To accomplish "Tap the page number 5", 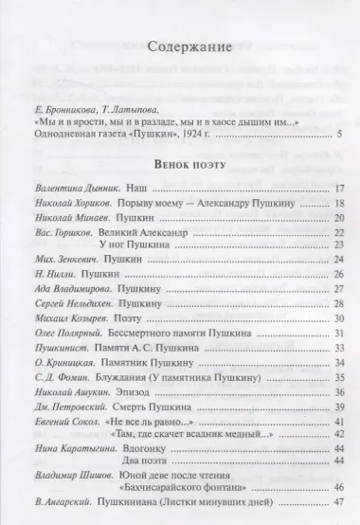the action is coord(338,136).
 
